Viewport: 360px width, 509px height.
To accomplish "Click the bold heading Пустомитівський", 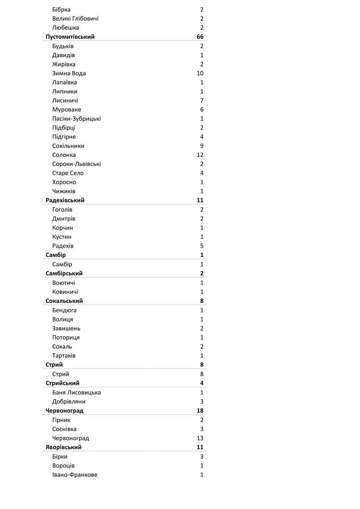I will [x=70, y=37].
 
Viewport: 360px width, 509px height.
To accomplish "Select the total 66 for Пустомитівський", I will [x=200, y=37].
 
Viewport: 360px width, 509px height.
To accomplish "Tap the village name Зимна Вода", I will [x=69, y=73].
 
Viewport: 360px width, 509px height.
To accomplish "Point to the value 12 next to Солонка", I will [x=200, y=155].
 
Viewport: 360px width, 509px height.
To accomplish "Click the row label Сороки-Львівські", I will [x=76, y=164].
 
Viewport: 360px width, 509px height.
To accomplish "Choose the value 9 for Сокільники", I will [x=202, y=146].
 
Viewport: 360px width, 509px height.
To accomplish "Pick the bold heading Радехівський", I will [x=65, y=200].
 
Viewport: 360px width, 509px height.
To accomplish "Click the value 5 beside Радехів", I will [x=202, y=246].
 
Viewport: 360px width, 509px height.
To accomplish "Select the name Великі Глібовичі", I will [x=75, y=19].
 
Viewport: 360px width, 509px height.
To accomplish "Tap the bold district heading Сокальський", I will [x=64, y=301].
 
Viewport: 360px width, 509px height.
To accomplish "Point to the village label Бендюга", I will [x=64, y=310].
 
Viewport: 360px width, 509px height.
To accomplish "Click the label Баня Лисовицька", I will [x=76, y=392].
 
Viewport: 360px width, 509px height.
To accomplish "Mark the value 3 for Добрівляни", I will [x=202, y=402].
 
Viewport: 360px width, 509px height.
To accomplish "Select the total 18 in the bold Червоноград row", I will [x=200, y=411].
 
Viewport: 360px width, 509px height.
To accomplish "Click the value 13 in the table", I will [x=200, y=438].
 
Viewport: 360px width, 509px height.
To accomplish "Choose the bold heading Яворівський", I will [x=64, y=447].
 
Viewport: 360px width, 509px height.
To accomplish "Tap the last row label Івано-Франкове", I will [x=75, y=475].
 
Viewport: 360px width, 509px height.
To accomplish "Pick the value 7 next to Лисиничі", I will [x=202, y=101].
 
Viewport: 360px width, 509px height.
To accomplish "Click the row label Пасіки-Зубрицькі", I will [x=76, y=119].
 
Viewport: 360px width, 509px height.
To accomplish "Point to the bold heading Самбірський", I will [x=64, y=274].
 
